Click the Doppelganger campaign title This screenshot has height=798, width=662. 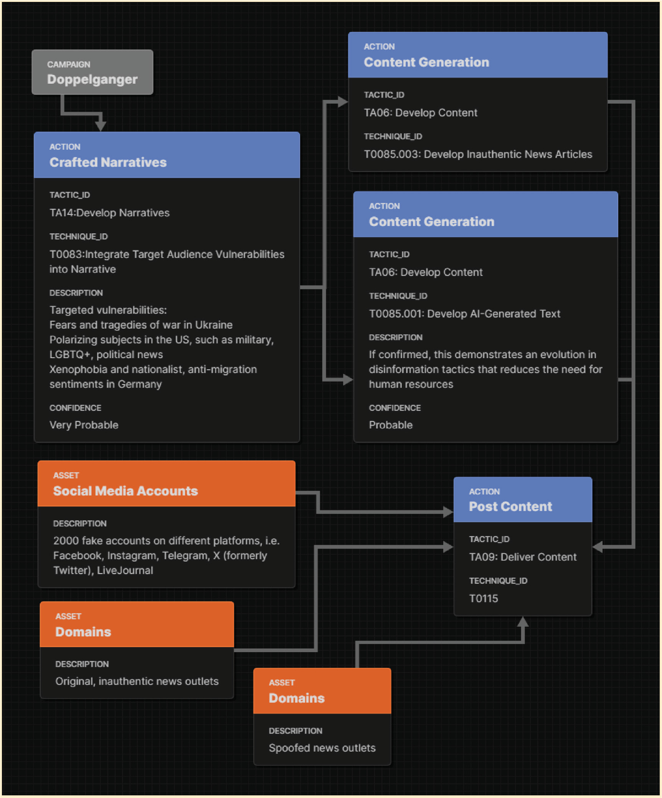[x=92, y=79]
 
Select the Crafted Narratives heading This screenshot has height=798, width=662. [x=108, y=162]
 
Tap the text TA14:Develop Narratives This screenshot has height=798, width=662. [x=109, y=213]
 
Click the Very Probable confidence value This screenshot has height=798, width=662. [x=84, y=425]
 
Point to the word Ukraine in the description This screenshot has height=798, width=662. [x=214, y=325]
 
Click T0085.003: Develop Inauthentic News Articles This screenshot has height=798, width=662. [x=478, y=154]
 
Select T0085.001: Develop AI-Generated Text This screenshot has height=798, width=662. [x=464, y=314]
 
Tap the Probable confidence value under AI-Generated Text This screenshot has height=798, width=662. [x=391, y=425]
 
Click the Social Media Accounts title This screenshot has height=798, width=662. [x=125, y=491]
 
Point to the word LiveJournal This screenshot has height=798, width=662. [x=125, y=570]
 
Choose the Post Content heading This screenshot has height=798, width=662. [x=510, y=507]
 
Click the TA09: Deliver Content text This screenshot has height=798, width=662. [x=523, y=557]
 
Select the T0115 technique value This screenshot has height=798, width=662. [x=483, y=598]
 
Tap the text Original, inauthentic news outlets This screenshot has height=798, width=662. [x=137, y=681]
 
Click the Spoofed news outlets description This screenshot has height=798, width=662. [x=322, y=748]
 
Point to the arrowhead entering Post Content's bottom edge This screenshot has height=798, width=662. [x=523, y=622]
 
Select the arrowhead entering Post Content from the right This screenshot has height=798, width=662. [x=598, y=547]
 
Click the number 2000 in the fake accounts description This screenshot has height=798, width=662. [x=66, y=541]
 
